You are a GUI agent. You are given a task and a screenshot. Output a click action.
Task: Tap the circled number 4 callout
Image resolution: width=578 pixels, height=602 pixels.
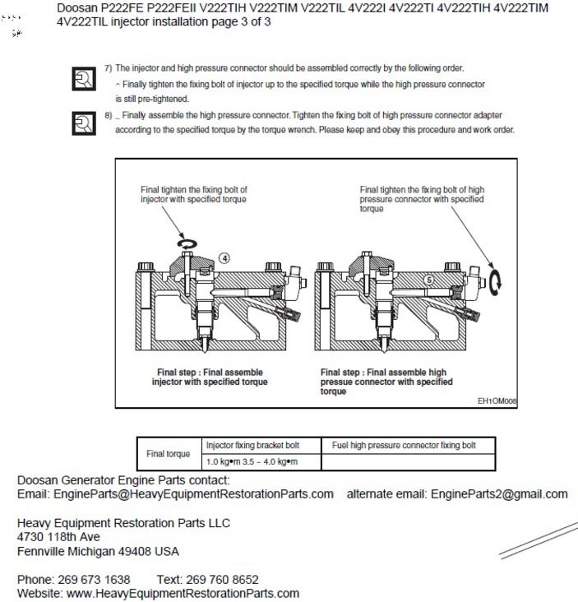click(224, 257)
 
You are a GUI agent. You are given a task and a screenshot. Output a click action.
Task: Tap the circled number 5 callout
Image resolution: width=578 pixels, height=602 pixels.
click(429, 280)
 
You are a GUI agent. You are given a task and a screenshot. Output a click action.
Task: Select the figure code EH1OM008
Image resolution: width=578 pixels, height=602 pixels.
click(497, 401)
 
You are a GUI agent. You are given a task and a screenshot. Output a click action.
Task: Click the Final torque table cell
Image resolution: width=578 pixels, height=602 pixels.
click(168, 453)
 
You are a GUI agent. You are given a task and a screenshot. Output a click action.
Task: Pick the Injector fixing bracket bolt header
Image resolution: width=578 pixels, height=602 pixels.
click(252, 445)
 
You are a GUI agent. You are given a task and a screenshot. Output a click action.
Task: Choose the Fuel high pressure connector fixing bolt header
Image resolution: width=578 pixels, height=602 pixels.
click(404, 445)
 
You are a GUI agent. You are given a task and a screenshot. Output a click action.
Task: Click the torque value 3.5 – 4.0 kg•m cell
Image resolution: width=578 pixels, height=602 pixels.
click(252, 462)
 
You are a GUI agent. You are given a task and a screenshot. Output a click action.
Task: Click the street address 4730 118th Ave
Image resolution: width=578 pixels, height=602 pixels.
click(59, 537)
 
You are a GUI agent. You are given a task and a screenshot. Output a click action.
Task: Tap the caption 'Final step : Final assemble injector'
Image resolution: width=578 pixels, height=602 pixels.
click(210, 377)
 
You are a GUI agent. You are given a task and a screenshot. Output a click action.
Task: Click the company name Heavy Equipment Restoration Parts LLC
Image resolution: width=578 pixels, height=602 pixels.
click(123, 523)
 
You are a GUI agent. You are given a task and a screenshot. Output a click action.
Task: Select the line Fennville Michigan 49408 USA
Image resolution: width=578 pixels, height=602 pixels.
click(98, 551)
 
